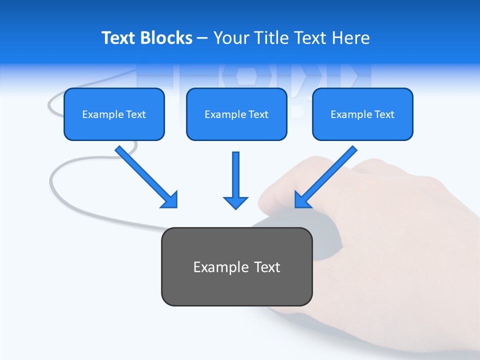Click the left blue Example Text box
pos(114,114)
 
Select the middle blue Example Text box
pos(236,114)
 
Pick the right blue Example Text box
pos(362,114)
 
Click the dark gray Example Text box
pos(236,266)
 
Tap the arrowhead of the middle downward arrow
pos(235,202)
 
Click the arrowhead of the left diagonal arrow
pos(170,200)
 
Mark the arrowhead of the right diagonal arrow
pos(302,199)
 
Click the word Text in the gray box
pos(267,267)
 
